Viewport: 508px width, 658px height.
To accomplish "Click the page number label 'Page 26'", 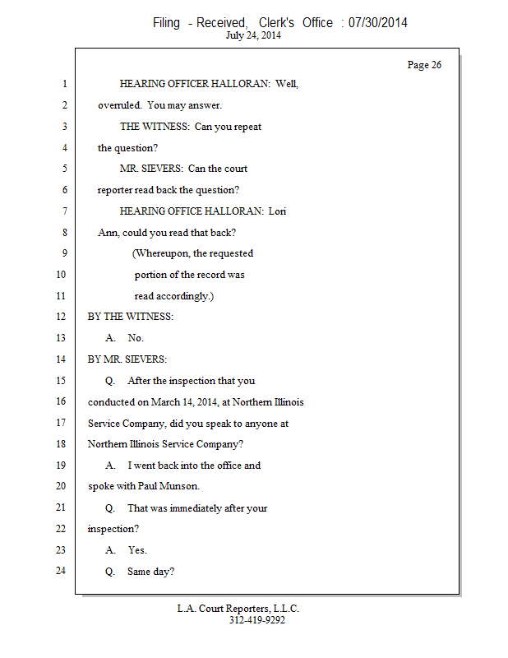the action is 424,65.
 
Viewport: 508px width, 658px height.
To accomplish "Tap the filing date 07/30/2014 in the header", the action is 377,22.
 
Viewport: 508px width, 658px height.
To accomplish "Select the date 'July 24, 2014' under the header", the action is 253,35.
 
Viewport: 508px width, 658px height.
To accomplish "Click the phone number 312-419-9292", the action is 257,620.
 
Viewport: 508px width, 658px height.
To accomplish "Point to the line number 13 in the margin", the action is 61,338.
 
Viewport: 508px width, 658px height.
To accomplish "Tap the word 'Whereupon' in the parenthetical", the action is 162,253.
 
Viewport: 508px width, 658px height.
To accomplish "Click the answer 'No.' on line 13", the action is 136,338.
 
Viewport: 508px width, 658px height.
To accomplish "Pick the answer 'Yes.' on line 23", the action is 137,550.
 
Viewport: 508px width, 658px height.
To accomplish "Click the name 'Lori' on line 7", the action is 277,211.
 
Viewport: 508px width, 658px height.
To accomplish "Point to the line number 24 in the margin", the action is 61,571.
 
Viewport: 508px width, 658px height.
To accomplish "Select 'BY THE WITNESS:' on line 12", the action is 131,317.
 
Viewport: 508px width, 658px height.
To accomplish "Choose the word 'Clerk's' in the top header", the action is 276,22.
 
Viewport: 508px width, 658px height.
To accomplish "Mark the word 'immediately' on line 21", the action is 196,508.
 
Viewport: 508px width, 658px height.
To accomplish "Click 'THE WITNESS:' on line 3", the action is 155,127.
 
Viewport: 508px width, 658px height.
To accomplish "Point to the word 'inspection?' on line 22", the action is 113,529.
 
